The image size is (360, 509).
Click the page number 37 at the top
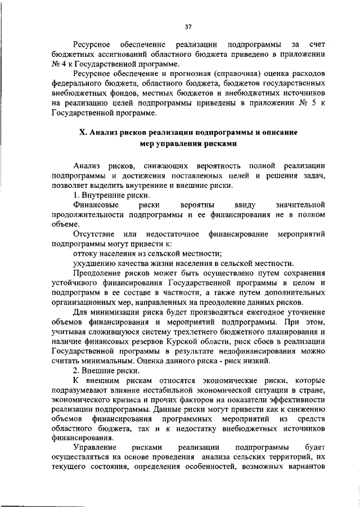click(x=188, y=26)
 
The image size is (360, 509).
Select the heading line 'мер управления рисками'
click(x=188, y=143)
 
